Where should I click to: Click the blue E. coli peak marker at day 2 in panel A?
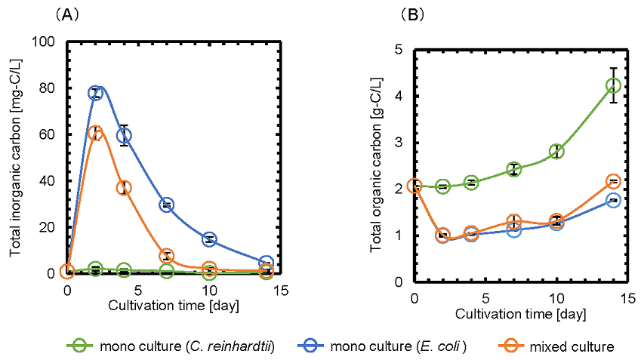(x=95, y=93)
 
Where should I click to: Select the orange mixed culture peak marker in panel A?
(x=95, y=133)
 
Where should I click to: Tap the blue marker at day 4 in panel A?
(x=124, y=135)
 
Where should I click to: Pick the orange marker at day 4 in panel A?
(x=124, y=188)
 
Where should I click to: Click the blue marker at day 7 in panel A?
(x=167, y=205)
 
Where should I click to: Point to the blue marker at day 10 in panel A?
(x=209, y=239)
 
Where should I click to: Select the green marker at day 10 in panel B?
(x=556, y=151)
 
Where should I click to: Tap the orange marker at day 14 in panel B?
(x=613, y=182)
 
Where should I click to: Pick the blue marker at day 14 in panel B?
(x=613, y=200)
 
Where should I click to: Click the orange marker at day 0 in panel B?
(x=414, y=186)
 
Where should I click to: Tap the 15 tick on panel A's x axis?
(x=281, y=290)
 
